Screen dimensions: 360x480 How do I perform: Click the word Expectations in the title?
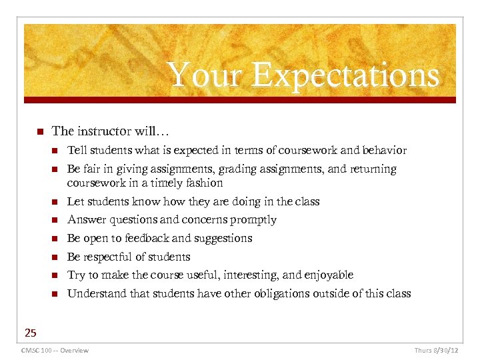(x=345, y=75)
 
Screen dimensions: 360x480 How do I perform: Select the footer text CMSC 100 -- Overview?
(x=55, y=350)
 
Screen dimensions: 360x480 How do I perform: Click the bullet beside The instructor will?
(x=40, y=131)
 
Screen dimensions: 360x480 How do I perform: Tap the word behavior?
(x=382, y=151)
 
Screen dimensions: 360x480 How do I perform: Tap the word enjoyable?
(x=328, y=275)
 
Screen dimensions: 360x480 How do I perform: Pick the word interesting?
(x=251, y=275)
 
